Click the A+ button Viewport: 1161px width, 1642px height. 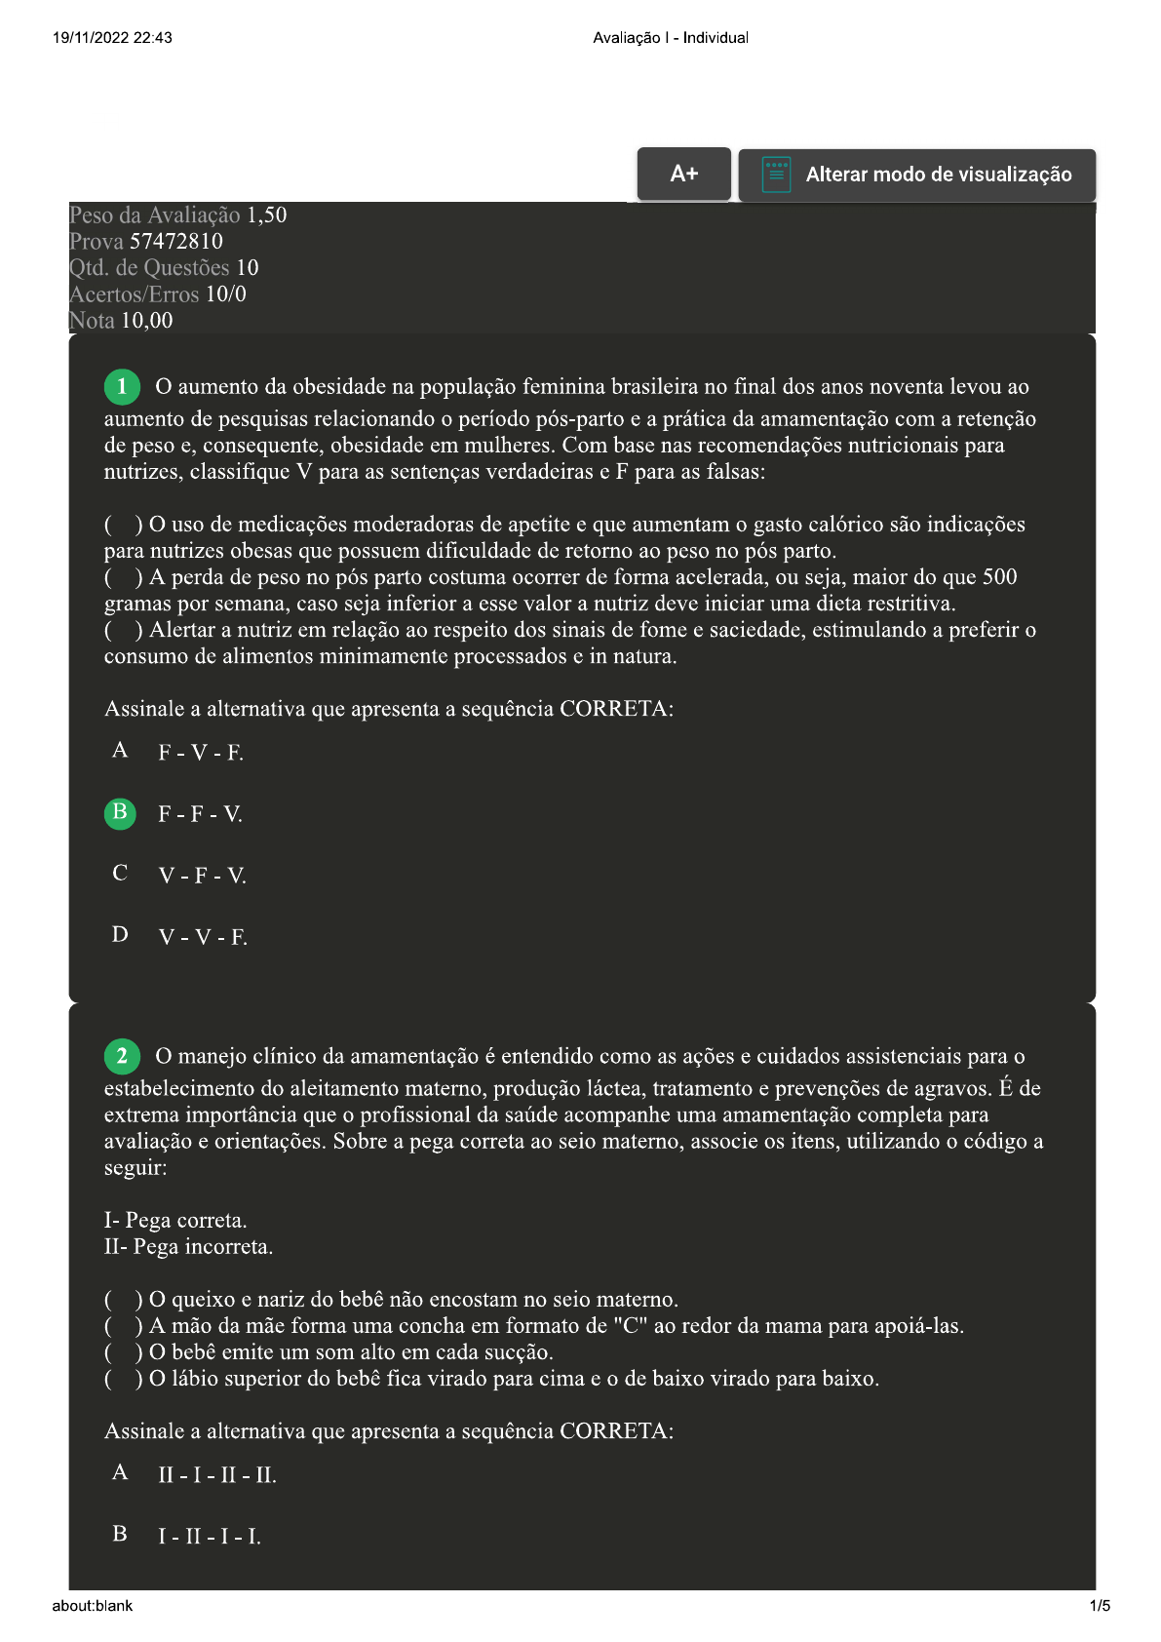(683, 175)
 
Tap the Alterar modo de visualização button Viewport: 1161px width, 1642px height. (916, 176)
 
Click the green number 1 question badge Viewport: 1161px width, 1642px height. (122, 387)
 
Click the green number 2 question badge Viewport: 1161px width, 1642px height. (122, 1056)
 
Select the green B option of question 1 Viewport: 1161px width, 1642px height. (120, 812)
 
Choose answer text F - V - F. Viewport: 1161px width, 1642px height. (201, 753)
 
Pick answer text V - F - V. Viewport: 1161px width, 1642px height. (202, 876)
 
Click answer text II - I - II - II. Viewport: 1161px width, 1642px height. (217, 1475)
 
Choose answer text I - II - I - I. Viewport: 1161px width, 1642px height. (210, 1537)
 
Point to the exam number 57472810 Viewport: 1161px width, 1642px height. (176, 241)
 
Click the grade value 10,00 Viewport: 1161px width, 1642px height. (146, 321)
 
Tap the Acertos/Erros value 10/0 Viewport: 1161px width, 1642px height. (225, 294)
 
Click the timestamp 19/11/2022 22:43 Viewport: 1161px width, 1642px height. (112, 38)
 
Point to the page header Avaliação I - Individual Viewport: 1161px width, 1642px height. (671, 38)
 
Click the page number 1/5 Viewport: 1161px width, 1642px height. (1100, 1606)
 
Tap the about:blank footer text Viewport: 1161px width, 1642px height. (93, 1606)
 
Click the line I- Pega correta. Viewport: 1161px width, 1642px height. (175, 1221)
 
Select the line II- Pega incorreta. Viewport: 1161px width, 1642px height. (188, 1247)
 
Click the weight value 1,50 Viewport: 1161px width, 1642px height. (266, 215)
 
